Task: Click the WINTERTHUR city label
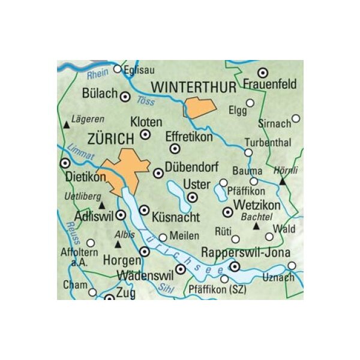194,88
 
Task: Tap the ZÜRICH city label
111,139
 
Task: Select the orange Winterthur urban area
200,107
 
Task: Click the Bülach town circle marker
125,96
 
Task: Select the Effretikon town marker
175,148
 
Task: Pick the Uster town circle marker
193,196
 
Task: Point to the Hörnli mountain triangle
282,179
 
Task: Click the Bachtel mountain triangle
256,226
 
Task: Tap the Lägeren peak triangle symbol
67,124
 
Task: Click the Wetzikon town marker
227,212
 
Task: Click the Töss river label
146,101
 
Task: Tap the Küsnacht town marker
144,210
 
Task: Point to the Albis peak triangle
118,244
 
